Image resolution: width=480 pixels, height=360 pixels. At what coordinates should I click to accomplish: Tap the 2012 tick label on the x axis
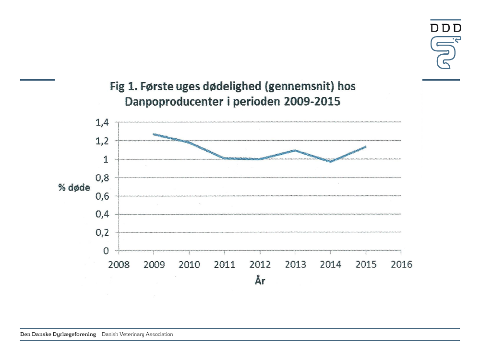[260, 264]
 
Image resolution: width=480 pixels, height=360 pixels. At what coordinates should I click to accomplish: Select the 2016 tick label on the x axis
[401, 264]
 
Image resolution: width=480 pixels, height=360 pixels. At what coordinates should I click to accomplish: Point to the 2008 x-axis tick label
[118, 264]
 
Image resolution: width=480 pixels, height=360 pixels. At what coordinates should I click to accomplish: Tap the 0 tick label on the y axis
[106, 251]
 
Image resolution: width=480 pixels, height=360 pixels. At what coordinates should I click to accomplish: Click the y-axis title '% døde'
[74, 188]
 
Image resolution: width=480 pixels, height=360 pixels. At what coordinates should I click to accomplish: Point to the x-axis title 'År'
[260, 280]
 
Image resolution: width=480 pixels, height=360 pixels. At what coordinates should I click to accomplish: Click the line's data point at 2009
[154, 134]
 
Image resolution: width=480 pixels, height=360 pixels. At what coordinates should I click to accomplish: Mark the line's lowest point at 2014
[331, 162]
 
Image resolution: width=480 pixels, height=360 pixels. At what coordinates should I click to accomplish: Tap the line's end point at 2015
[366, 146]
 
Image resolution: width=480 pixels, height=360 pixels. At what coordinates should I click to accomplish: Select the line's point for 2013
[295, 150]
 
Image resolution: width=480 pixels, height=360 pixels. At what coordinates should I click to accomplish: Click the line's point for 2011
[225, 158]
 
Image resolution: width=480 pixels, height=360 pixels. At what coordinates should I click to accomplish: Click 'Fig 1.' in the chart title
[123, 88]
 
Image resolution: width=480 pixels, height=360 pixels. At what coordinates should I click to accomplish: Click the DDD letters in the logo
[445, 28]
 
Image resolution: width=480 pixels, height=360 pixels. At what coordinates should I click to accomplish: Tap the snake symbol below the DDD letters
[445, 51]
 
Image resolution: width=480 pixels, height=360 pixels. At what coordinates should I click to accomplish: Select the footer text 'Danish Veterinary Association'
[137, 334]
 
